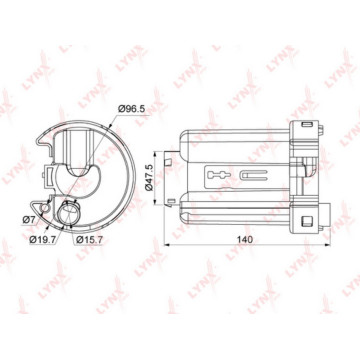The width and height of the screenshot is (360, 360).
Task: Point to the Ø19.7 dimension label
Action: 42,240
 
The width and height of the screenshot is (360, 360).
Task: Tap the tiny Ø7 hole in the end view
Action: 57,208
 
